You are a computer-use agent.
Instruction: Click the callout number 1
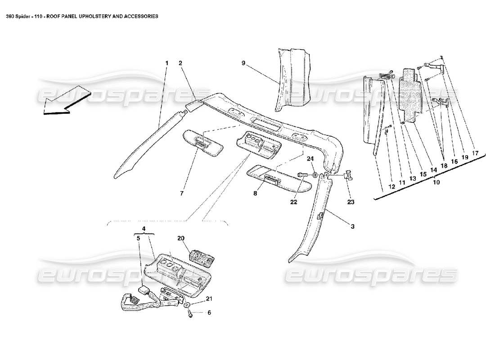pos(166,63)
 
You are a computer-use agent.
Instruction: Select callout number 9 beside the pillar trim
pos(243,63)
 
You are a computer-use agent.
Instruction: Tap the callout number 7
pos(182,193)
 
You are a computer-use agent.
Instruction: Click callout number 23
pos(351,202)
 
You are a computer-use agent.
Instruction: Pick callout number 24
pos(310,158)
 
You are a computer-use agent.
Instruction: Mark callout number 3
pos(353,226)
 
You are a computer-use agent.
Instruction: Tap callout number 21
pos(208,299)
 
